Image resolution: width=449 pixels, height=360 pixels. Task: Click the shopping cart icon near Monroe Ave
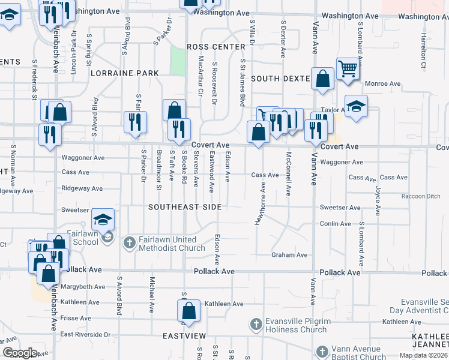pos(348,69)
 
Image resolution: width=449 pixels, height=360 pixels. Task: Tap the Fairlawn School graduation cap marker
pos(103,219)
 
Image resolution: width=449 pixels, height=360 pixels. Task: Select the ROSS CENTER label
pos(216,47)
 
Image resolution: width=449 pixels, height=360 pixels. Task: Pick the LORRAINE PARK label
pos(125,73)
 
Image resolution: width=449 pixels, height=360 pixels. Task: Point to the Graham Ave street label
pos(289,255)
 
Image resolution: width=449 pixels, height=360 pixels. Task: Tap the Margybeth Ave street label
pos(83,287)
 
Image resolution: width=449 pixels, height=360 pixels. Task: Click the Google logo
pos(20,353)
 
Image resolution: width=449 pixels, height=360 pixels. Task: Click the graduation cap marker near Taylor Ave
pos(356,107)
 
